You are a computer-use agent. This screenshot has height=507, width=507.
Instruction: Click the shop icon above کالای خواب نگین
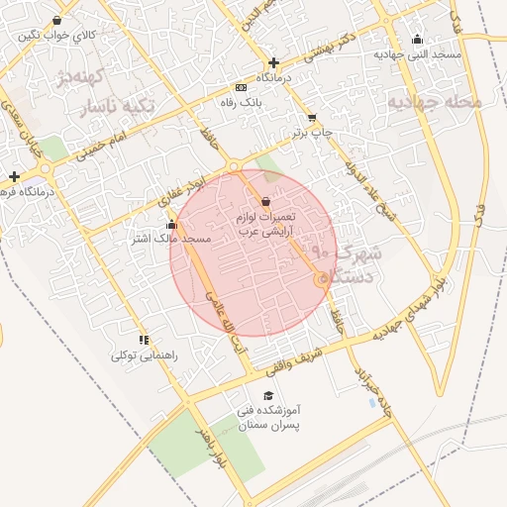(56, 20)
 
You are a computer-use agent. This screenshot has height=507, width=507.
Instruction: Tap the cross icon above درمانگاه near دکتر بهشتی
(273, 62)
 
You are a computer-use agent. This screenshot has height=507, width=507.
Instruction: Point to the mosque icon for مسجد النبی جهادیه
(417, 41)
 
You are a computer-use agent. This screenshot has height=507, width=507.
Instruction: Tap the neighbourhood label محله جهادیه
(435, 101)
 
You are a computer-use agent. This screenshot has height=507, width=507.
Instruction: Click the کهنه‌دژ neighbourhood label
(80, 76)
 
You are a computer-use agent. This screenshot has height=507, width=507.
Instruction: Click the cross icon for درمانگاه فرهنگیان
(14, 175)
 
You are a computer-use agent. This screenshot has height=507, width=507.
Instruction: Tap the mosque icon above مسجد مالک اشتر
(172, 225)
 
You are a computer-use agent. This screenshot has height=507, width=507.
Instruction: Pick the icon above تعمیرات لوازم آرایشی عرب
(264, 201)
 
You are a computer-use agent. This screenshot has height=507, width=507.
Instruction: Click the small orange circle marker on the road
(320, 281)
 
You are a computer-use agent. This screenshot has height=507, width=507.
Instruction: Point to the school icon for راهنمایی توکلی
(145, 339)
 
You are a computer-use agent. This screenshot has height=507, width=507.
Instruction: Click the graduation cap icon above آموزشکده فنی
(243, 394)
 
